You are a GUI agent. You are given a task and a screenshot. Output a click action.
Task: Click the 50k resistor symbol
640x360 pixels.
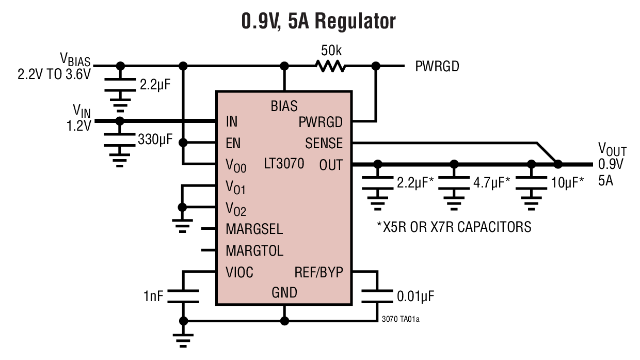tap(330, 66)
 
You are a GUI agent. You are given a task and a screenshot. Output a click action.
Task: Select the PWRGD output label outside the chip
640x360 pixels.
tap(437, 67)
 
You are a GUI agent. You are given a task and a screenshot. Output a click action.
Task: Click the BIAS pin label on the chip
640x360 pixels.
tap(284, 106)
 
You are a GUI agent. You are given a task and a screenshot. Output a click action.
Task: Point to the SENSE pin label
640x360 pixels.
tap(324, 143)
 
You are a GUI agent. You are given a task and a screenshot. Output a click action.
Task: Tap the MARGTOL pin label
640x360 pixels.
tap(254, 251)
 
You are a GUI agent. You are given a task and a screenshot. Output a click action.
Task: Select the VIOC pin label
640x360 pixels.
tap(239, 272)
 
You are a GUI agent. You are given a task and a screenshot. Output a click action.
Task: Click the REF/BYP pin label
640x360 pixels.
tap(318, 272)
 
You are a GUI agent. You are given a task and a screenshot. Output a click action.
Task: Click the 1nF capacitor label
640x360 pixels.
tap(154, 296)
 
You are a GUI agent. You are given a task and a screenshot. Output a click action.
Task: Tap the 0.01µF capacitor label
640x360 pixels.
tap(415, 296)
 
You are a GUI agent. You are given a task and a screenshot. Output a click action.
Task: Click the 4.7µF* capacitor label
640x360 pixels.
tap(491, 182)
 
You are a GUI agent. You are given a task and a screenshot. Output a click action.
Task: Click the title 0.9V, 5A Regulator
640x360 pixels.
tap(319, 21)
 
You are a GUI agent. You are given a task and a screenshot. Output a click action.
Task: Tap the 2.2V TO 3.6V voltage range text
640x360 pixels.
tap(54, 74)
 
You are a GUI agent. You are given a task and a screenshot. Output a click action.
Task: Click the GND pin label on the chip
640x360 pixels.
tap(284, 293)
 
